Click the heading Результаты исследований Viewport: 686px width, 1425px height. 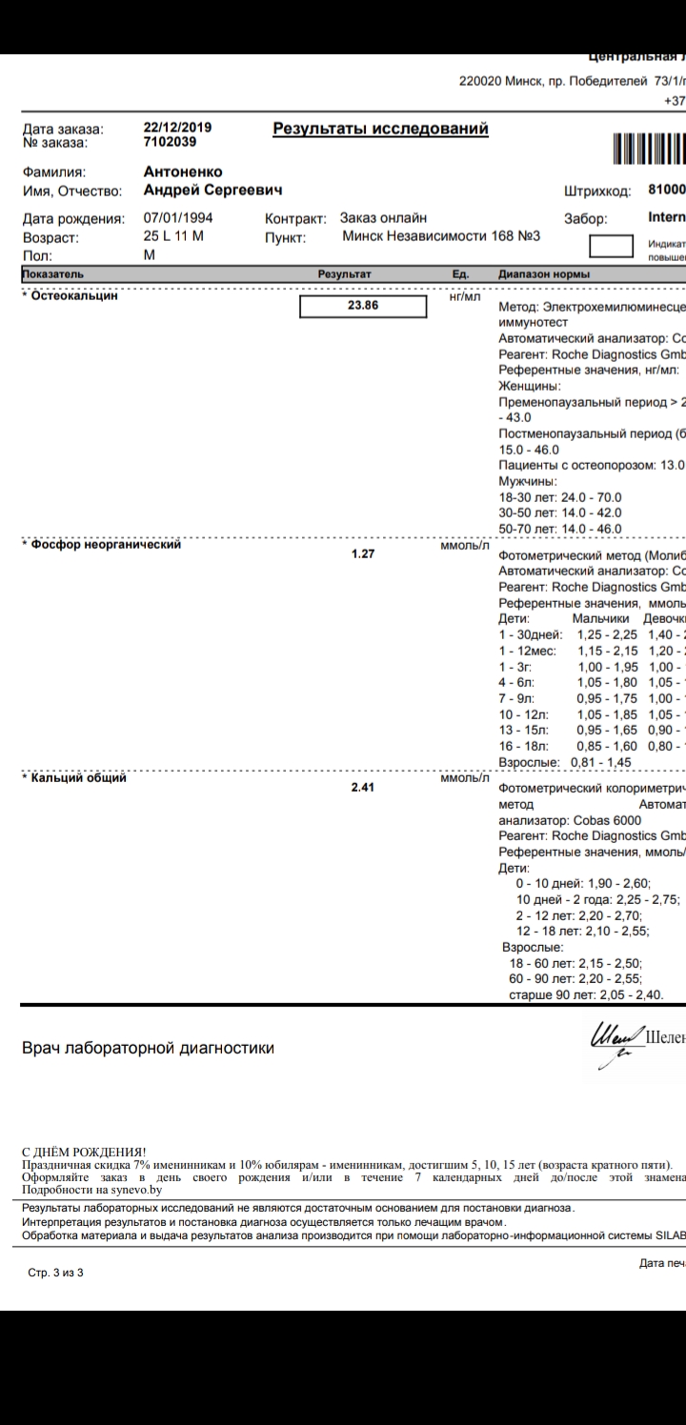pyautogui.click(x=380, y=129)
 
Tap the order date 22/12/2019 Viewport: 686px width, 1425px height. pyautogui.click(x=177, y=128)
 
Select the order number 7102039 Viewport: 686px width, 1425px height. pyautogui.click(x=170, y=142)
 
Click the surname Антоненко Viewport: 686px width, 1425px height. pyautogui.click(x=182, y=172)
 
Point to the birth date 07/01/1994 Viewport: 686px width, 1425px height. pyautogui.click(x=178, y=218)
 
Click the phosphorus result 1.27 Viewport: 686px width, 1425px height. pyautogui.click(x=362, y=552)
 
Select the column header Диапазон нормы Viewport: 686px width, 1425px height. pyautogui.click(x=543, y=274)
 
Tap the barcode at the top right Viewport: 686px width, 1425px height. pyautogui.click(x=649, y=150)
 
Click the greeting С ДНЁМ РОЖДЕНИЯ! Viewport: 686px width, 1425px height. pyautogui.click(x=84, y=1151)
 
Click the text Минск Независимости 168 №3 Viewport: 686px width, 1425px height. pyautogui.click(x=441, y=236)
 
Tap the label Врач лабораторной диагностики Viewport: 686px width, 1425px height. pyautogui.click(x=148, y=1049)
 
